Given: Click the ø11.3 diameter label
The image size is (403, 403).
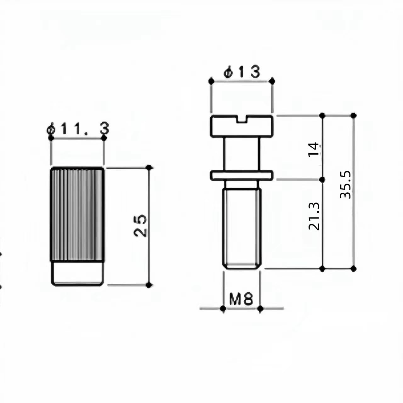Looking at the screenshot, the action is (78, 129).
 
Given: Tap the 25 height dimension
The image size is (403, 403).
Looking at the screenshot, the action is (140, 225).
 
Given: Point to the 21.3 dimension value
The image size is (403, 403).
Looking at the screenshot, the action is (314, 216).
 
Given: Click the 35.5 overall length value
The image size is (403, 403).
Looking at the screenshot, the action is (345, 185).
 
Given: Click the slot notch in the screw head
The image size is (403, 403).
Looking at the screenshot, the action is (242, 119).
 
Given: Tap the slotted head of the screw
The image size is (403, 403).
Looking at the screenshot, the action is (241, 126).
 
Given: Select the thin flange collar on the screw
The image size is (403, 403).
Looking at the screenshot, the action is (241, 175).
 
